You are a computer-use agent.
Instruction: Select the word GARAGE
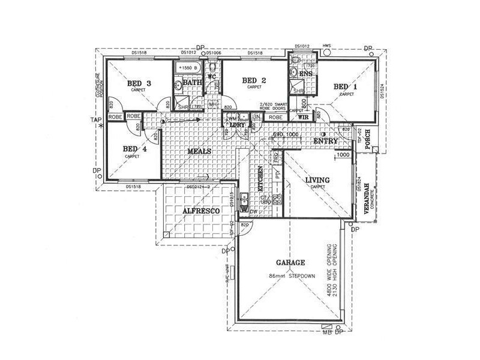click(x=290, y=262)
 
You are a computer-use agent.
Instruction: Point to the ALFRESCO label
click(x=200, y=211)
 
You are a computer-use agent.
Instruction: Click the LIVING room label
click(x=317, y=179)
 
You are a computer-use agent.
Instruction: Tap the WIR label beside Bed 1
click(x=303, y=117)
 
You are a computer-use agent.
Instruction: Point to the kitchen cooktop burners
click(x=277, y=200)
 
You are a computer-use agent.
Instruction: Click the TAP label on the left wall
click(x=95, y=120)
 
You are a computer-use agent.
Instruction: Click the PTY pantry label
click(x=277, y=175)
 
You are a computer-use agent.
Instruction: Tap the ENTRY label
click(x=326, y=141)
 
